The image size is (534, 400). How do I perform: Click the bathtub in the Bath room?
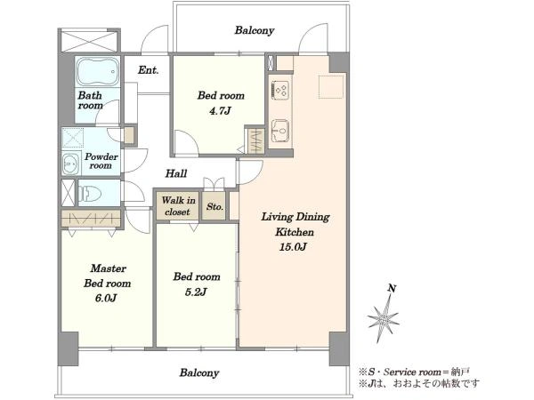(97, 71)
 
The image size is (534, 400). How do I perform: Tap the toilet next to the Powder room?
(90, 194)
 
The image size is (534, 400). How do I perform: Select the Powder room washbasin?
(71, 164)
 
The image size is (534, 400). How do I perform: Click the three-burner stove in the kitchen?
(280, 90)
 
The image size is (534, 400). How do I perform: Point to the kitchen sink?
(280, 131)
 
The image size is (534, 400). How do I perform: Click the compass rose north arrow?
(384, 317)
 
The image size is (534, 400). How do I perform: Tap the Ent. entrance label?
(148, 70)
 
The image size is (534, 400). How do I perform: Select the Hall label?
(176, 174)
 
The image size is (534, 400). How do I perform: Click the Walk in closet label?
(178, 206)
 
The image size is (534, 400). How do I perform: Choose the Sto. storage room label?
(214, 206)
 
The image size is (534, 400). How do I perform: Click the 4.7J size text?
(220, 111)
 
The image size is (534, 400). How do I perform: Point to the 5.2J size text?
(196, 292)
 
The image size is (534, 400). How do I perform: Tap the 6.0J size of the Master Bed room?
(106, 299)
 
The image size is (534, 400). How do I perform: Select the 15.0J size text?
(293, 246)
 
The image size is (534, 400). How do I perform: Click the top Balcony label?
(255, 30)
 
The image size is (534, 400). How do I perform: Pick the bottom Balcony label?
(199, 372)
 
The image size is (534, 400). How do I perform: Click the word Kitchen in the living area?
(295, 232)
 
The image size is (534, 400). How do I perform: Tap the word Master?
(109, 268)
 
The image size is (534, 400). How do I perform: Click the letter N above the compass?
(392, 288)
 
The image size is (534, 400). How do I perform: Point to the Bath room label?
(90, 100)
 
